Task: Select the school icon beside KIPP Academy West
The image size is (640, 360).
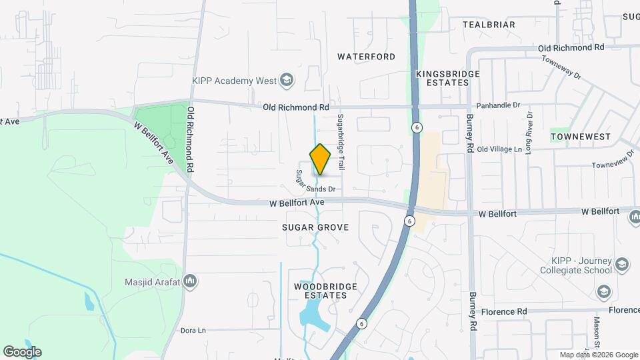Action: click(x=287, y=81)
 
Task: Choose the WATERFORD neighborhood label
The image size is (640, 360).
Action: click(x=366, y=57)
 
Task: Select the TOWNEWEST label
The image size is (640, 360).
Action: click(x=581, y=137)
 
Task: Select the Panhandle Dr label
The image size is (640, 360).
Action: click(x=497, y=106)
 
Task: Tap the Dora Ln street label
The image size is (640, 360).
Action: click(x=193, y=330)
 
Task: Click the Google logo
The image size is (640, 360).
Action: click(x=22, y=352)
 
